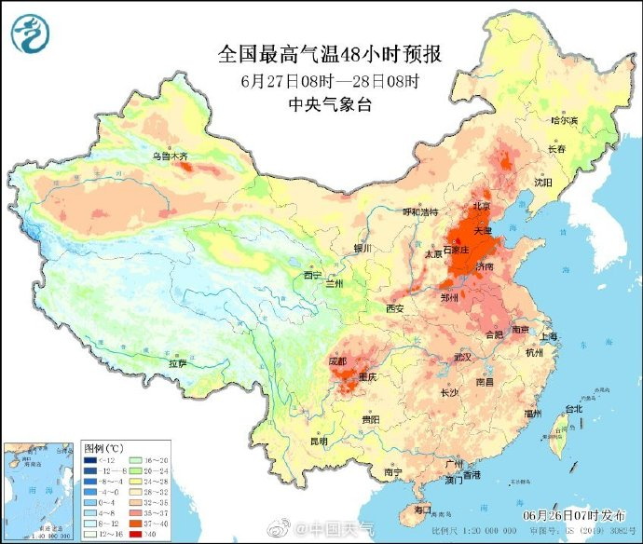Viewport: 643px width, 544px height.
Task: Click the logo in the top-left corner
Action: point(29,33)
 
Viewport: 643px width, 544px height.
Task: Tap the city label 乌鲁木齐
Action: point(171,156)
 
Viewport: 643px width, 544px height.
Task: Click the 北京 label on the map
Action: point(482,206)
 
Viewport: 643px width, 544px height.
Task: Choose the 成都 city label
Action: point(337,360)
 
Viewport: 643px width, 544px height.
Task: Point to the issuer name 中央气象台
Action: point(331,105)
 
